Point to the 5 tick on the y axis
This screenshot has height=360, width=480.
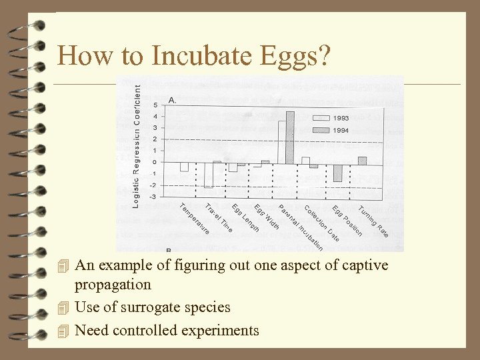[155, 105]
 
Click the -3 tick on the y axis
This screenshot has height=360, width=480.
[153, 197]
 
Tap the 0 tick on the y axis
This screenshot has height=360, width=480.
[155, 162]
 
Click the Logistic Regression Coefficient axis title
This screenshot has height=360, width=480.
[136, 145]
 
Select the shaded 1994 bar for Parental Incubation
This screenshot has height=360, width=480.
[290, 137]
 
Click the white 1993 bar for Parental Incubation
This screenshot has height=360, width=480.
[282, 141]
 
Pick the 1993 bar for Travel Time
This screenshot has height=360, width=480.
[208, 175]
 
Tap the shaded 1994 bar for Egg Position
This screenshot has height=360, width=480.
[337, 172]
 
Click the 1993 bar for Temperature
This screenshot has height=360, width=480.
[184, 167]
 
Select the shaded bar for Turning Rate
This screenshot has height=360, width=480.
[362, 160]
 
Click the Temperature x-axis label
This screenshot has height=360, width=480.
[195, 219]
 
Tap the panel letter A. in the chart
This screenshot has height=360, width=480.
[172, 100]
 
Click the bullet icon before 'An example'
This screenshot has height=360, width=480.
[63, 266]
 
